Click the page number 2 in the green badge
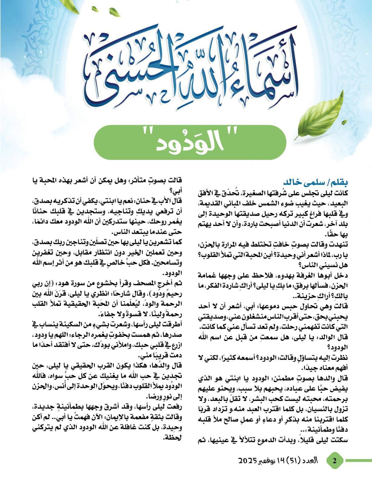point(335,460)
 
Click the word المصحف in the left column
point(145,284)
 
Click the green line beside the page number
point(358,460)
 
